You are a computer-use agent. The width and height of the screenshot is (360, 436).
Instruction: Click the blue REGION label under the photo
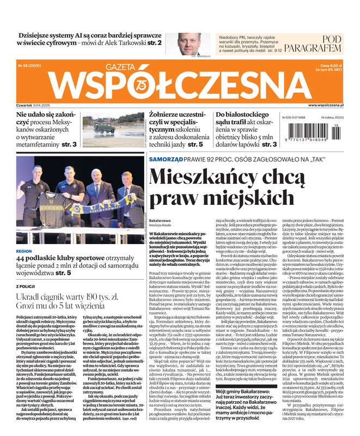[27, 251]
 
